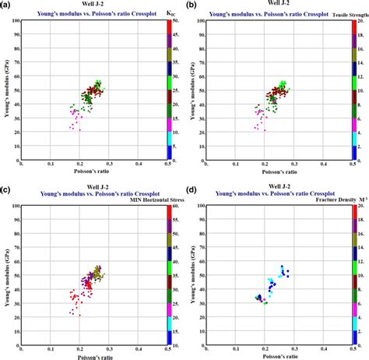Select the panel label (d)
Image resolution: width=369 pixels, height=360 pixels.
tap(192, 186)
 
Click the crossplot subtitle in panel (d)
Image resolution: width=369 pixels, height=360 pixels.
tap(277, 192)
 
